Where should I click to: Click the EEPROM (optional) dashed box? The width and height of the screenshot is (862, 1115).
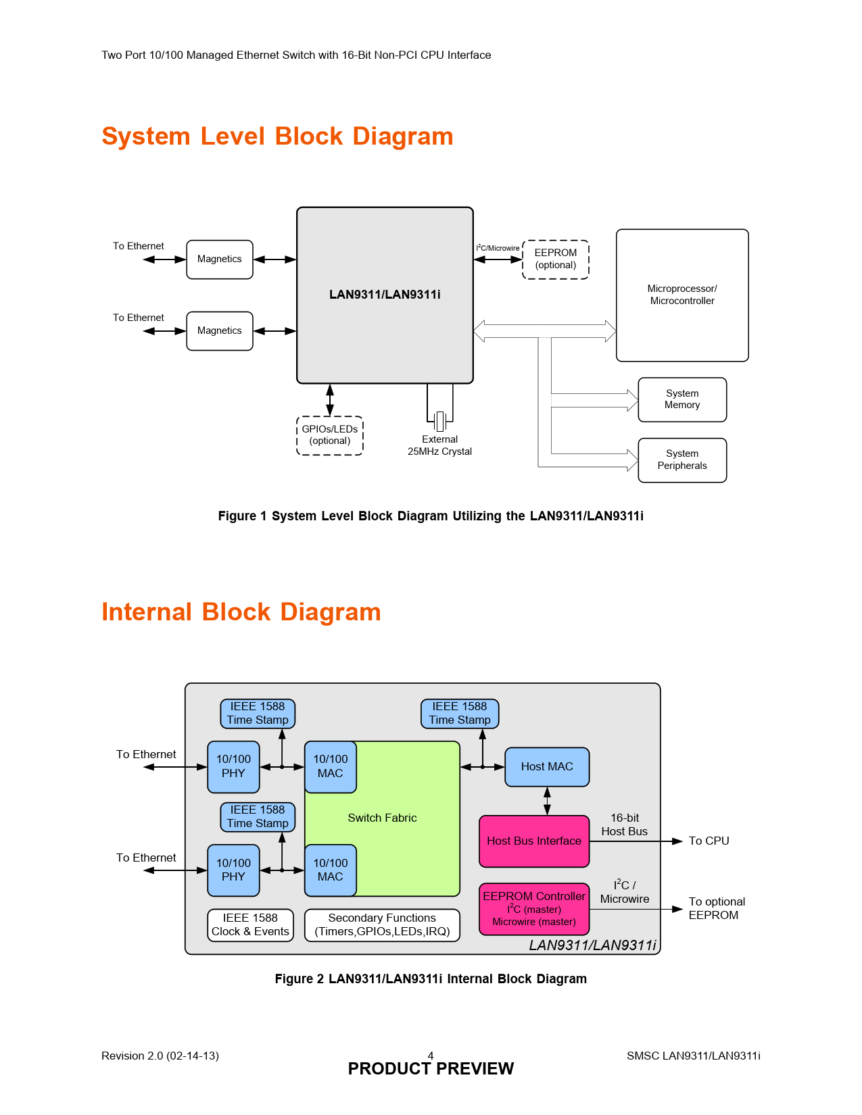pyautogui.click(x=556, y=259)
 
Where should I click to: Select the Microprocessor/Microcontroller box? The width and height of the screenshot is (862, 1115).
pyautogui.click(x=682, y=295)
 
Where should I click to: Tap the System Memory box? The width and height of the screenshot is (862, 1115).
pyautogui.click(x=682, y=399)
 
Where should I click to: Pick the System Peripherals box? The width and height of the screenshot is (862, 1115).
pyautogui.click(x=682, y=460)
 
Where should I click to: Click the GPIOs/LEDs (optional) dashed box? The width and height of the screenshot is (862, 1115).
pyautogui.click(x=330, y=435)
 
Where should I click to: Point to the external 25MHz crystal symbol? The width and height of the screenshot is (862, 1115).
pyautogui.click(x=440, y=421)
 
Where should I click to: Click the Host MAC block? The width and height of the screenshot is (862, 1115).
pyautogui.click(x=547, y=767)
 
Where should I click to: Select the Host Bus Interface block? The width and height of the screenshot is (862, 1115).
pyautogui.click(x=534, y=841)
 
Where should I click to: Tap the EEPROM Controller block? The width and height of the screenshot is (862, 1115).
pyautogui.click(x=534, y=909)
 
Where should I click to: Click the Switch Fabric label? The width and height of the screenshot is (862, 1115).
pyautogui.click(x=382, y=818)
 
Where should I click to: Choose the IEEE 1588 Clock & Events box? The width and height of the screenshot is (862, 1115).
pyautogui.click(x=250, y=925)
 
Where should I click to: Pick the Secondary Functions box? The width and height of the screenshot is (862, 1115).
pyautogui.click(x=382, y=925)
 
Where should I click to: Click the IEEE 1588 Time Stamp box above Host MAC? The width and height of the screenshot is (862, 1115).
pyautogui.click(x=460, y=714)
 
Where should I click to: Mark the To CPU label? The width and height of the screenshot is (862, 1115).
pyautogui.click(x=709, y=841)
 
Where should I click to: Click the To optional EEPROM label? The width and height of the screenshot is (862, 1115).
pyautogui.click(x=716, y=909)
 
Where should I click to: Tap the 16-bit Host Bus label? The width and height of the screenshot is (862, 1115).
pyautogui.click(x=625, y=825)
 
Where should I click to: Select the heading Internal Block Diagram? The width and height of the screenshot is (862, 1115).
pyautogui.click(x=241, y=612)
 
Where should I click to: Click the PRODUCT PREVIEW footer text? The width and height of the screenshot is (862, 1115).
pyautogui.click(x=431, y=1069)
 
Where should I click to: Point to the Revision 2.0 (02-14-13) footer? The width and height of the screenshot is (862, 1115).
pyautogui.click(x=160, y=1056)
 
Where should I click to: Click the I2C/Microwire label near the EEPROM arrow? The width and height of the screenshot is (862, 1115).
pyautogui.click(x=498, y=248)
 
